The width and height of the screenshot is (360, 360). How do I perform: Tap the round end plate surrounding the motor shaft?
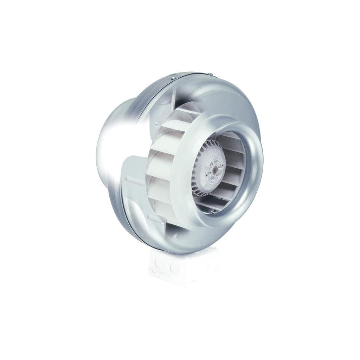point(214,166)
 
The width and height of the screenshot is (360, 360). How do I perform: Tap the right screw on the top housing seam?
point(210,73)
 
